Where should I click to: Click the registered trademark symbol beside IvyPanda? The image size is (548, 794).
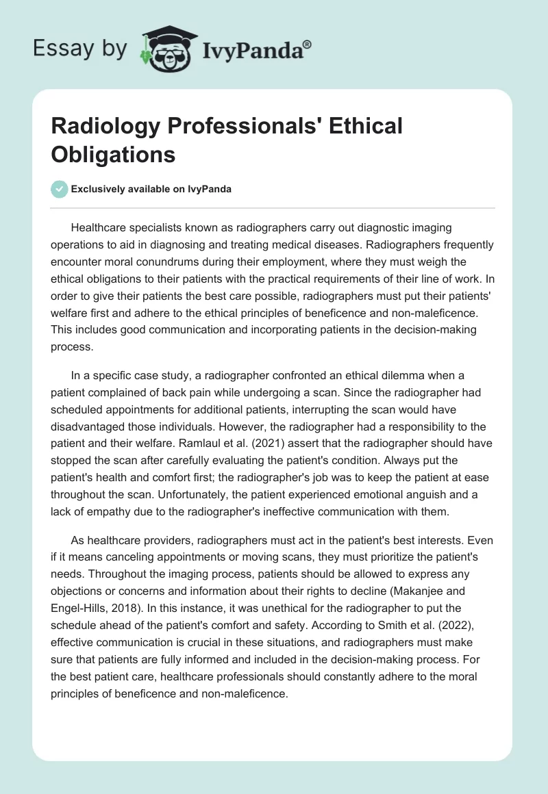point(308,46)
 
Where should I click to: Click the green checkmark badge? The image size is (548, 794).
point(60,189)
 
